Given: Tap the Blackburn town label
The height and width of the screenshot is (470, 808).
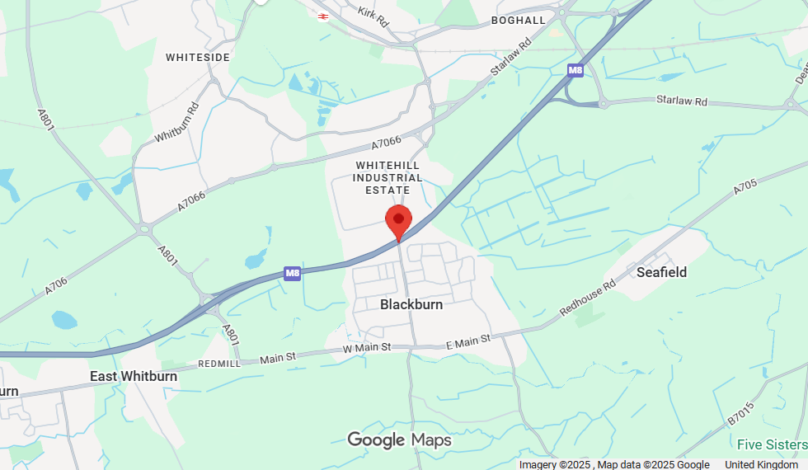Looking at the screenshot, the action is pyautogui.click(x=411, y=304).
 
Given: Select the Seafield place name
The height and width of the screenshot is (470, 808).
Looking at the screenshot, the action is pyautogui.click(x=661, y=271).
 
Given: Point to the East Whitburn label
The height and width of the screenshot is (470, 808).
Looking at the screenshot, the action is pyautogui.click(x=134, y=376).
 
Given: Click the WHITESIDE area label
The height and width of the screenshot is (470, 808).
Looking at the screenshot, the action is pyautogui.click(x=198, y=57).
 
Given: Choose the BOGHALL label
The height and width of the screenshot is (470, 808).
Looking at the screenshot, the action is pyautogui.click(x=518, y=20).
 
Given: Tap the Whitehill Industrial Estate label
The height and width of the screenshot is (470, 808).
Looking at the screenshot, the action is pyautogui.click(x=388, y=178).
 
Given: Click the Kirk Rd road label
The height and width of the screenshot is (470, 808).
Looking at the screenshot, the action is pyautogui.click(x=373, y=16).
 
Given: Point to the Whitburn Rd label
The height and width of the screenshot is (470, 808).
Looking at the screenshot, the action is pyautogui.click(x=176, y=121).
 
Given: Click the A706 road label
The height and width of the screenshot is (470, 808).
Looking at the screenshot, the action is pyautogui.click(x=56, y=286).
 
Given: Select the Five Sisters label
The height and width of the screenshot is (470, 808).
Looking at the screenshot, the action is pyautogui.click(x=772, y=444).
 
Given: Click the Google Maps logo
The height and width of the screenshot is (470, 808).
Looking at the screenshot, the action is pyautogui.click(x=399, y=440).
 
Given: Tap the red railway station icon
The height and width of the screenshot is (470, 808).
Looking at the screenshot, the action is pyautogui.click(x=323, y=14).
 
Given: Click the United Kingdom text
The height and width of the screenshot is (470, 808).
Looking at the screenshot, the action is pyautogui.click(x=761, y=464).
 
